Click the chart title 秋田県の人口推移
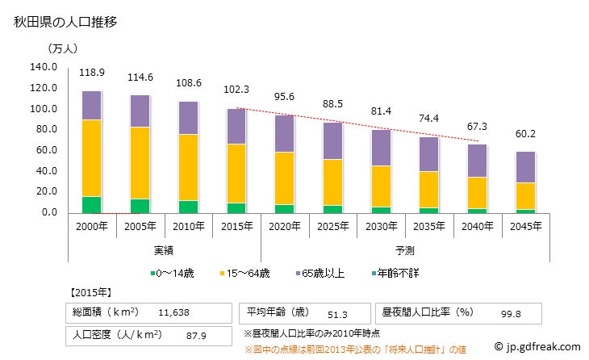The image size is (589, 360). click(x=65, y=22)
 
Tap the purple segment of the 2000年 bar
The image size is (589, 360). click(x=92, y=106)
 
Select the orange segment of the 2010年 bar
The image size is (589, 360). click(x=188, y=168)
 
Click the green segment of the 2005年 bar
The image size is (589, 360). click(x=140, y=206)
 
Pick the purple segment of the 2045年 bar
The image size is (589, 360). click(x=525, y=168)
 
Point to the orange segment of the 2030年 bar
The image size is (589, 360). click(x=382, y=186)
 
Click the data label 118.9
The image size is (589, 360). click(x=92, y=72)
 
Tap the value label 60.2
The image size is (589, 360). click(x=525, y=134)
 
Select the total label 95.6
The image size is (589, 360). click(x=284, y=97)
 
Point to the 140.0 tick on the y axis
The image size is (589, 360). click(x=44, y=67)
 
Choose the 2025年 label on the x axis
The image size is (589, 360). click(x=332, y=226)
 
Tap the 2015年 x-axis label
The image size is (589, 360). click(x=236, y=226)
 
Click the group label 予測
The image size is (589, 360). click(x=405, y=251)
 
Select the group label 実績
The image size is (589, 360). click(x=164, y=251)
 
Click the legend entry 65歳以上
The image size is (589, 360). click(x=320, y=273)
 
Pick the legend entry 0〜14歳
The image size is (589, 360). click(x=173, y=273)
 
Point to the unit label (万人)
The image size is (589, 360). click(x=63, y=48)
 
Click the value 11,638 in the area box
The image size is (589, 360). click(x=173, y=312)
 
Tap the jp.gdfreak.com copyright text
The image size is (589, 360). click(x=537, y=346)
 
